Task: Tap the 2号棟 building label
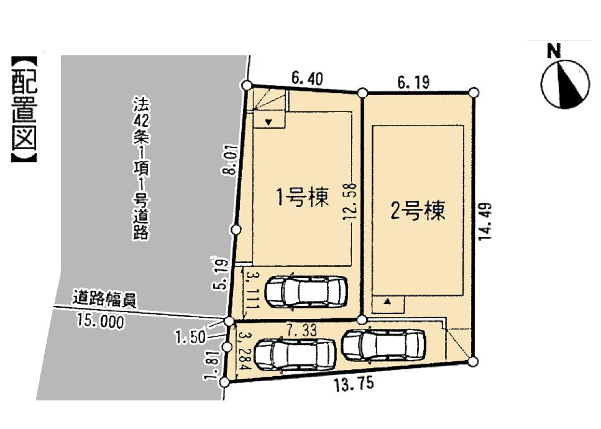click(x=418, y=211)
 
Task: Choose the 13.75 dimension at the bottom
click(x=354, y=384)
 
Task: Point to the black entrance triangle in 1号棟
click(x=268, y=122)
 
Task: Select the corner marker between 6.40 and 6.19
click(x=362, y=93)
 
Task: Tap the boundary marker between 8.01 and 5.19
click(x=236, y=230)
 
